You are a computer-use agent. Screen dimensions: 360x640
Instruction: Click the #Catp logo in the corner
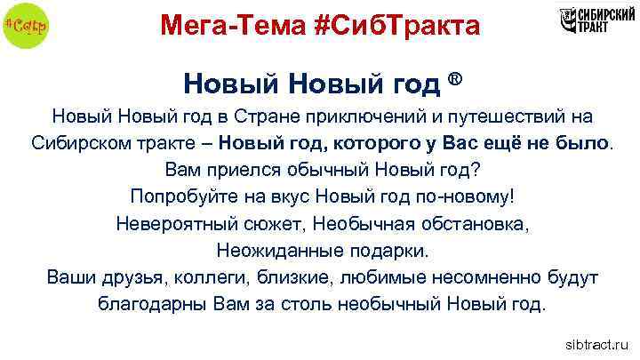coord(26,24)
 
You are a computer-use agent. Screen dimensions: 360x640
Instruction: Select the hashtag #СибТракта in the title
coord(396,26)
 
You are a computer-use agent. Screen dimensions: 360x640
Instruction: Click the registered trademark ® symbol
coord(455,80)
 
